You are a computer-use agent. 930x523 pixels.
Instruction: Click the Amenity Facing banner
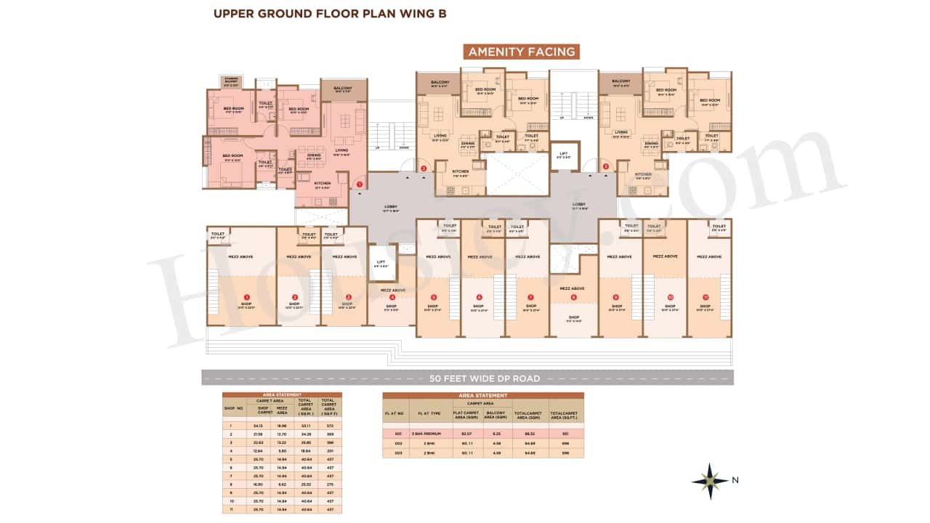522,52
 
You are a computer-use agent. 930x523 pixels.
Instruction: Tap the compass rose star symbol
710,480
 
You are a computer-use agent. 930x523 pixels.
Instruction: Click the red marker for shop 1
247,297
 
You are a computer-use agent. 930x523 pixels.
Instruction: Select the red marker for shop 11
704,297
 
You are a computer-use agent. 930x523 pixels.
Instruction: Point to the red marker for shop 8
573,297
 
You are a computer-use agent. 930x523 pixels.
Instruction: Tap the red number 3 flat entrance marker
606,166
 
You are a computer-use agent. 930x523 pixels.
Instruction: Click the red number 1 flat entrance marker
359,185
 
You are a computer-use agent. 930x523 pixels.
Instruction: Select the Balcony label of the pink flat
343,88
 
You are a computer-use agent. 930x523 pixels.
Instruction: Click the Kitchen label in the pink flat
323,183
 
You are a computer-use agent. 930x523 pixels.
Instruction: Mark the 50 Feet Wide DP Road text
485,378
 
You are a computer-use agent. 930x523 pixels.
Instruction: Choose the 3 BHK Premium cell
426,434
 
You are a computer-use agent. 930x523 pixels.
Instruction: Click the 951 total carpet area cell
565,434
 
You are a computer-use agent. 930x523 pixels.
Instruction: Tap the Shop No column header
232,408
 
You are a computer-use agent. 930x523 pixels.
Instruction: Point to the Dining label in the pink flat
313,155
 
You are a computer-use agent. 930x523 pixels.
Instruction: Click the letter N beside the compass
735,480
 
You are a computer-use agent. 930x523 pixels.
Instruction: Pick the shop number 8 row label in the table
231,483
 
